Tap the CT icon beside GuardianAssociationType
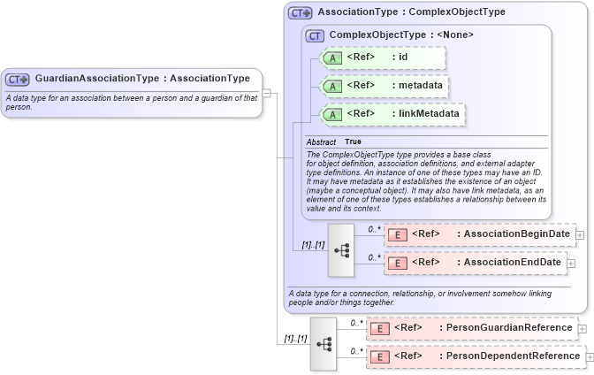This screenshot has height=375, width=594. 19,80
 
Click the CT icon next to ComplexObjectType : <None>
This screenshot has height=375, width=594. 314,35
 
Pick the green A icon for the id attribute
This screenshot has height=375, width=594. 331,58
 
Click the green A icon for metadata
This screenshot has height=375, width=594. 331,87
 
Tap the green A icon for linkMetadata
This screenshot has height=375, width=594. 331,114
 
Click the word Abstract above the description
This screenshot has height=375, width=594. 321,142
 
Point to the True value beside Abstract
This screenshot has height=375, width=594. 353,142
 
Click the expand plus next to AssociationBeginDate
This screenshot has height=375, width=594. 580,234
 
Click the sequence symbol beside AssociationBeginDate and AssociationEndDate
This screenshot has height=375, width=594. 342,249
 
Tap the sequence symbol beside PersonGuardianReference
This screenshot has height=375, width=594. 324,342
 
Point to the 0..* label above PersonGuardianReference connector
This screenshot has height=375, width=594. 355,323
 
